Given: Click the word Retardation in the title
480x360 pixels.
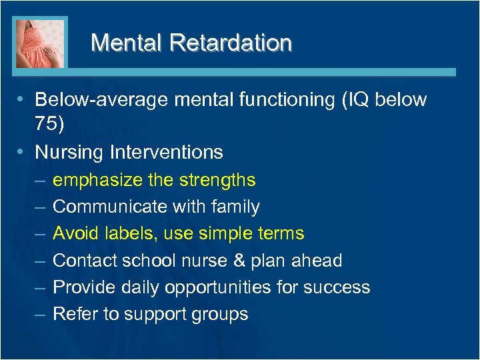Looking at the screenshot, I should coord(231,43).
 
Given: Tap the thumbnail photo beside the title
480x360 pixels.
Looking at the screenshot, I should coord(40,43).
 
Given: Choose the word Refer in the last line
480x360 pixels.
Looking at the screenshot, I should coord(72,314).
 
